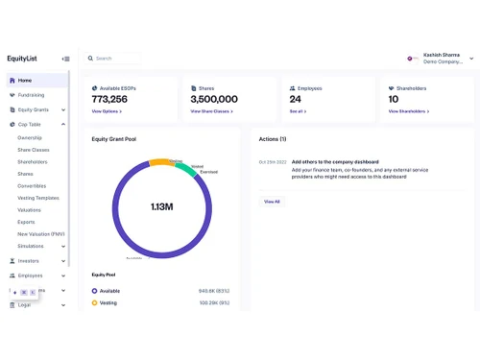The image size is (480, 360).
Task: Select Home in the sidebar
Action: click(25, 81)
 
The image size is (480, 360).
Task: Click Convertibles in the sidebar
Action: click(33, 186)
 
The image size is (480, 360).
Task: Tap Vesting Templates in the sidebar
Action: click(38, 198)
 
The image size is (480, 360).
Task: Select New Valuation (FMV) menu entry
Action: click(41, 233)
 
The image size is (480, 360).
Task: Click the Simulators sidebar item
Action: click(31, 246)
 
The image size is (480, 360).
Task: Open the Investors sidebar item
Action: click(29, 260)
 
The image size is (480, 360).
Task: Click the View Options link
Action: click(106, 111)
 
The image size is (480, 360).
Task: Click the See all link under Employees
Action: click(298, 111)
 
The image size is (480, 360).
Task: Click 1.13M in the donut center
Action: click(160, 206)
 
